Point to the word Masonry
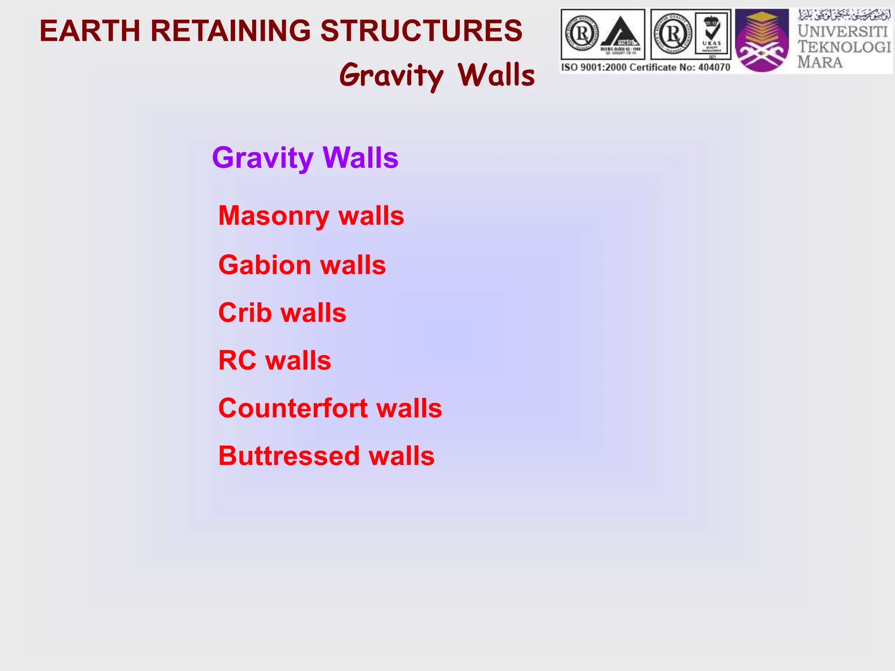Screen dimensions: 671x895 pos(274,216)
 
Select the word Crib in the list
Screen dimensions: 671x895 pos(245,313)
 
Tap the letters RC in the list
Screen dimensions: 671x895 pos(237,360)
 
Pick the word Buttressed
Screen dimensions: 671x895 pos(289,456)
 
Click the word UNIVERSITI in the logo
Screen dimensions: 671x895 pos(843,31)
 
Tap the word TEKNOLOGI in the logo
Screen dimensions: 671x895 pos(844,47)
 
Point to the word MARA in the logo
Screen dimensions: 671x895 pos(820,62)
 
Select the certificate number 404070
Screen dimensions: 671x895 pos(714,67)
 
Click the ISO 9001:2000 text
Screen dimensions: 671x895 pos(594,67)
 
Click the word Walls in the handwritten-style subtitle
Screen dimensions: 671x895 pos(496,75)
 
